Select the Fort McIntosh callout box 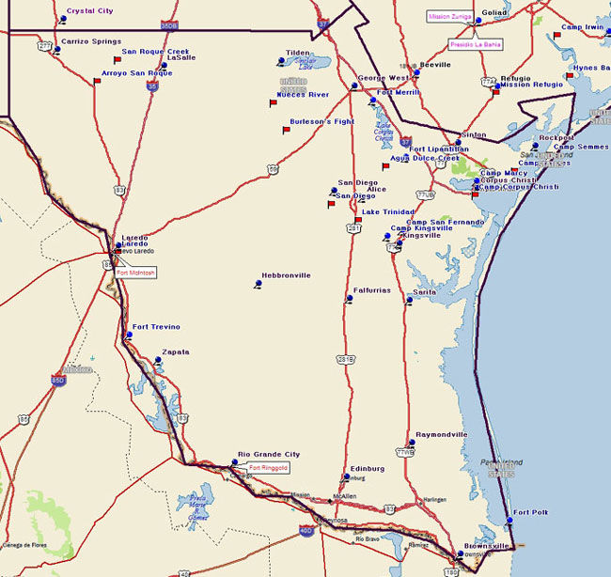[x=136, y=273]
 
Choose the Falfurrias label [x=371, y=290]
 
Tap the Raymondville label [x=441, y=435]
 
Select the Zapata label [x=176, y=352]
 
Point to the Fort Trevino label [x=156, y=327]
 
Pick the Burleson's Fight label [x=322, y=122]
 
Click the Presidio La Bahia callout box [x=476, y=44]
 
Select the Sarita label [x=425, y=292]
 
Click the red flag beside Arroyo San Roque [x=97, y=82]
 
